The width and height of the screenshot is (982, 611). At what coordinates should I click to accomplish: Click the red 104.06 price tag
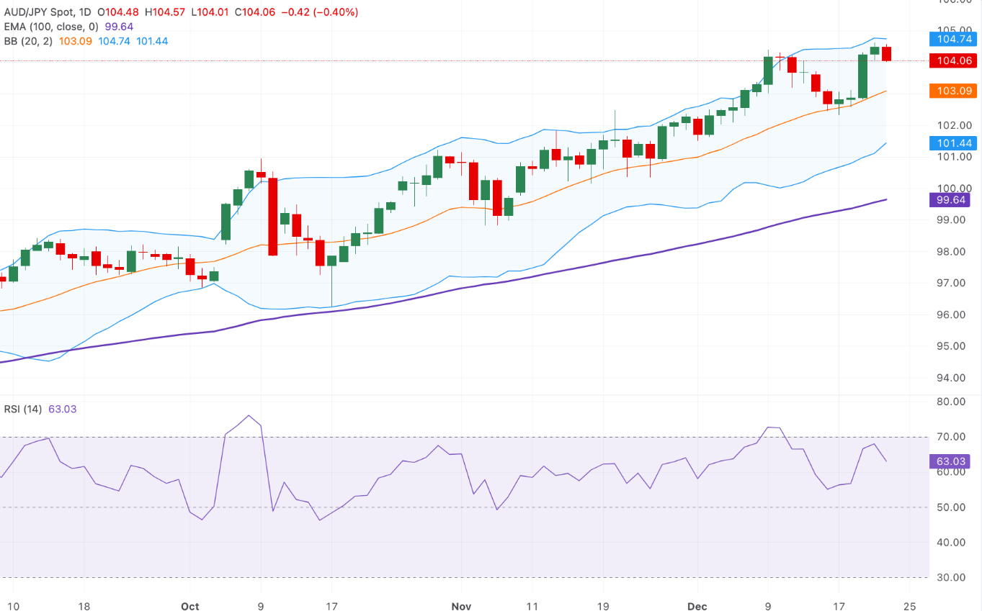pos(953,60)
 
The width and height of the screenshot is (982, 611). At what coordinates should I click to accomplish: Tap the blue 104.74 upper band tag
pos(953,40)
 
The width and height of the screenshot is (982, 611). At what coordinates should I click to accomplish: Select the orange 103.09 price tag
pos(953,91)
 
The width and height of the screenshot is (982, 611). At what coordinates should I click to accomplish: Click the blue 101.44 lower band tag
pos(953,142)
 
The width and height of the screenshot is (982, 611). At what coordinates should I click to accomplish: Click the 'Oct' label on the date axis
pos(189,606)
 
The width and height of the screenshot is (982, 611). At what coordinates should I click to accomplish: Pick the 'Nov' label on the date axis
pos(460,606)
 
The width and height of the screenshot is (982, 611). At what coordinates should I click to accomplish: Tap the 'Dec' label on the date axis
pos(697,606)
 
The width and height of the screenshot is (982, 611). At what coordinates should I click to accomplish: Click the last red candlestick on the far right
pos(886,53)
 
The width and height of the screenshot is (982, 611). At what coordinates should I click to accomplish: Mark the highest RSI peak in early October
pos(249,415)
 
